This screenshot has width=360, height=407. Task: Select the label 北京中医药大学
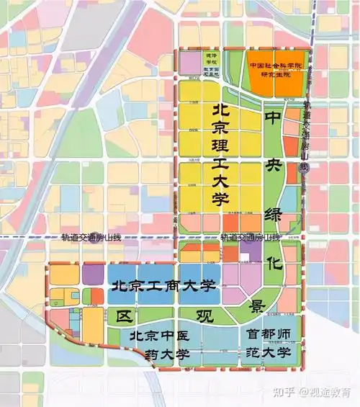(159, 345)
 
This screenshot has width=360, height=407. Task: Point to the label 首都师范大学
(268, 343)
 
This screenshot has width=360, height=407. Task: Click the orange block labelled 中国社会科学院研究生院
(274, 70)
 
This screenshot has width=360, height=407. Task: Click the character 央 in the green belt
(274, 164)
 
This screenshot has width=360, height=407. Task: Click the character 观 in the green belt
(207, 314)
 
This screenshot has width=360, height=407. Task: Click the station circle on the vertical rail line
(305, 167)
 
